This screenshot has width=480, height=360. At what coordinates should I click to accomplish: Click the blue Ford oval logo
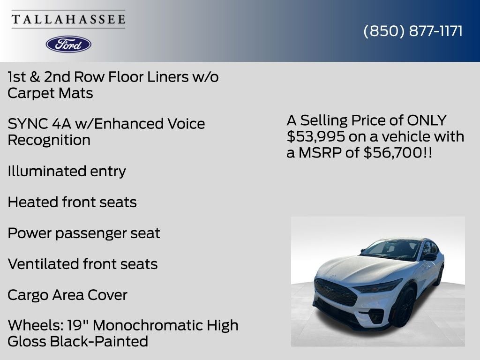click(68, 44)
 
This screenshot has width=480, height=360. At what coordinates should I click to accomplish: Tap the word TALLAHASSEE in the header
click(68, 19)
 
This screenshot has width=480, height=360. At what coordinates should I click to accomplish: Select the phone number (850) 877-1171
click(413, 31)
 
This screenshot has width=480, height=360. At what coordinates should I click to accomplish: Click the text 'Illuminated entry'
click(67, 171)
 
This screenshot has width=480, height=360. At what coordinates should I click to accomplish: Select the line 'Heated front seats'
click(72, 202)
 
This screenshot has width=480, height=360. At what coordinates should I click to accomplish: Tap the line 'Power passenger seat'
click(84, 233)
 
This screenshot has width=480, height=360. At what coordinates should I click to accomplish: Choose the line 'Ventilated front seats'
click(82, 264)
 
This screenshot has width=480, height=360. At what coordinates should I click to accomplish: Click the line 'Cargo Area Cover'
click(67, 295)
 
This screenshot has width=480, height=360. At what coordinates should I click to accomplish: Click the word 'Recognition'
click(49, 140)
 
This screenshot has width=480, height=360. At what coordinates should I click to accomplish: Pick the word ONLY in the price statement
click(427, 120)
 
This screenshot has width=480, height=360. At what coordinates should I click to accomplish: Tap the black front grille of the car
click(335, 291)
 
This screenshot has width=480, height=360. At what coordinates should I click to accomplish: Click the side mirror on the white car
click(430, 256)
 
